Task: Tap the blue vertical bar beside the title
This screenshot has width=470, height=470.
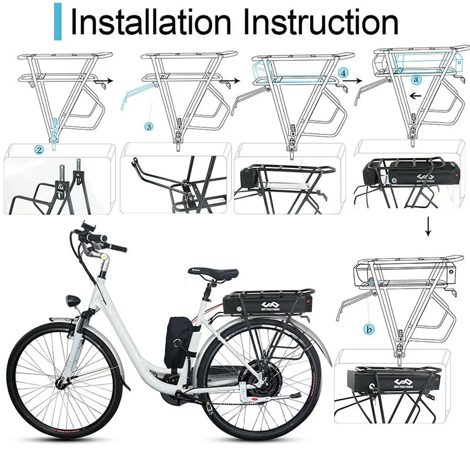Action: tap(57, 22)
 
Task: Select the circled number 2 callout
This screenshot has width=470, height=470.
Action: tap(39, 150)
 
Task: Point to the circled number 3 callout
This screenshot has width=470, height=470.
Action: tap(149, 126)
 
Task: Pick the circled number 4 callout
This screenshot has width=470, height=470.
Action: tap(343, 73)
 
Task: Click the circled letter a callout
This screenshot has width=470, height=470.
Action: tap(417, 78)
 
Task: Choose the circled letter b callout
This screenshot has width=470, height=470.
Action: tap(369, 330)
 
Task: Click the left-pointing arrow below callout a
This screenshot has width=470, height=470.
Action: tap(416, 95)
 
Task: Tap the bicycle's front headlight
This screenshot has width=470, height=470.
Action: tap(73, 301)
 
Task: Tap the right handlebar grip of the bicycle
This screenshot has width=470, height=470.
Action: tap(117, 248)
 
